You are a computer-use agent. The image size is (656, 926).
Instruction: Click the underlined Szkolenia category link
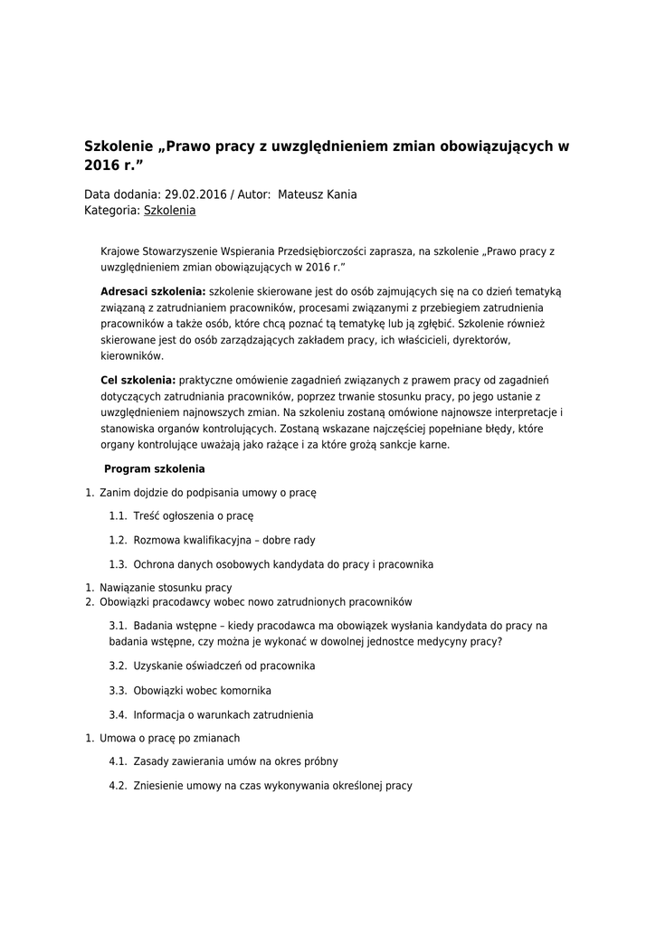[169, 211]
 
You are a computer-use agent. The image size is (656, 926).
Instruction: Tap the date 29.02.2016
[195, 194]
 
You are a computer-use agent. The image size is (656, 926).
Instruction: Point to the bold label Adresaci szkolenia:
[153, 291]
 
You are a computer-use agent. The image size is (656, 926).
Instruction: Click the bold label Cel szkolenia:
[138, 380]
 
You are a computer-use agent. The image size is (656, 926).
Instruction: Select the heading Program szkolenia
[154, 469]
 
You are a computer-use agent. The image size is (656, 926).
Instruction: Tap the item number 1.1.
[118, 516]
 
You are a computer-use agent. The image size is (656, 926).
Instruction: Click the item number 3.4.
[118, 714]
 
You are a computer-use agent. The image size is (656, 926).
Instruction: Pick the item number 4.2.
[118, 786]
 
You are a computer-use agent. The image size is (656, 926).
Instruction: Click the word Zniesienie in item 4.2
[157, 786]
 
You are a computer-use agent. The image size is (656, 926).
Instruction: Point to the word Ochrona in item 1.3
[153, 564]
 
